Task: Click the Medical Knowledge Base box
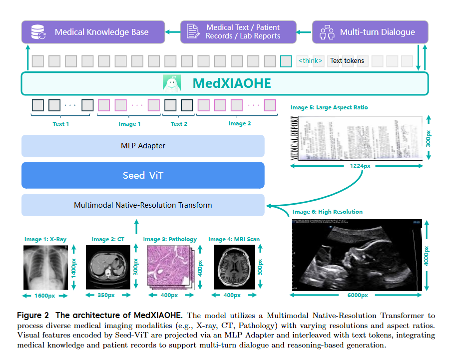[x=93, y=32]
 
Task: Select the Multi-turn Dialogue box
[x=370, y=32]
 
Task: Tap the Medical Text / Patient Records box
[x=238, y=32]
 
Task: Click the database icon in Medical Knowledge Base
[x=38, y=32]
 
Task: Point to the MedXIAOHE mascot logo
[x=171, y=83]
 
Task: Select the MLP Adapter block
[x=143, y=146]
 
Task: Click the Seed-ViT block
[x=143, y=175]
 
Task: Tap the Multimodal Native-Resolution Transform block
[x=143, y=205]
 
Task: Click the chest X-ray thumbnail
[x=45, y=266]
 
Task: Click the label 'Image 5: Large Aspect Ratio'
[x=329, y=108]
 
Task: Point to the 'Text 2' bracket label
[x=179, y=124]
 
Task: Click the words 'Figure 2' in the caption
[x=33, y=316]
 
